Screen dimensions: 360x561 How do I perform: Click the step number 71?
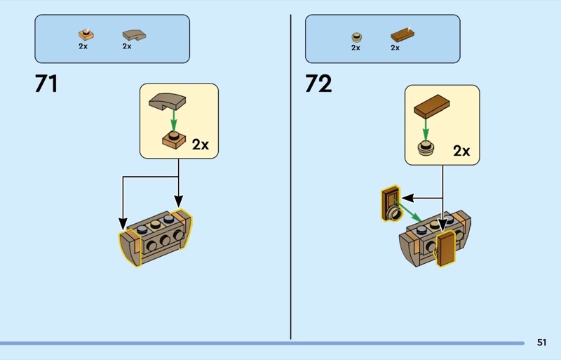[x=46, y=84]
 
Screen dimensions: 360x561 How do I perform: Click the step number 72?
[x=318, y=84]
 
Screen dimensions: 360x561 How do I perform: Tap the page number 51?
[x=541, y=342]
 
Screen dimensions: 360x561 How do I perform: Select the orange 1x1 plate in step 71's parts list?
[x=86, y=34]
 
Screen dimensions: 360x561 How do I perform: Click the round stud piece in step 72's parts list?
[x=356, y=36]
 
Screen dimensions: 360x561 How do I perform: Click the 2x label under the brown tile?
[x=395, y=48]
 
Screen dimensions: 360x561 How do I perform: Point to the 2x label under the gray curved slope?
[x=127, y=46]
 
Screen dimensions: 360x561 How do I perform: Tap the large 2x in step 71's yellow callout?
[x=201, y=145]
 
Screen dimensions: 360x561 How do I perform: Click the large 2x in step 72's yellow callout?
[x=461, y=150]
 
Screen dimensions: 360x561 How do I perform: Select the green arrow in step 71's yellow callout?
[x=173, y=119]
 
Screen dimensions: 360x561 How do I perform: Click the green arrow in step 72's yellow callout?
[x=425, y=127]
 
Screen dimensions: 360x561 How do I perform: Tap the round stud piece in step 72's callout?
[x=425, y=147]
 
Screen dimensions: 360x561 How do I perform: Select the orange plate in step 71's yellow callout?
[x=173, y=139]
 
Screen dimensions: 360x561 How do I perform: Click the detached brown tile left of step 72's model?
[x=389, y=202]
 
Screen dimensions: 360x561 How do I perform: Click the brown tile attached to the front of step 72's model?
[x=446, y=249]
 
